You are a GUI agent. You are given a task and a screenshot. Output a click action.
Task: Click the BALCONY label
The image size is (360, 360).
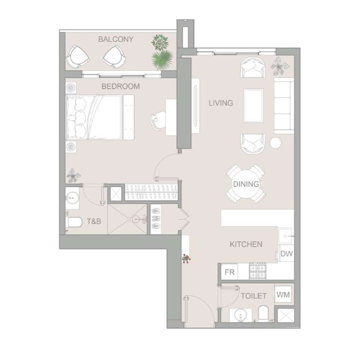pos(116,39)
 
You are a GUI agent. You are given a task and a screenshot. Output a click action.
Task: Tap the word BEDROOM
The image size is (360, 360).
pos(120,86)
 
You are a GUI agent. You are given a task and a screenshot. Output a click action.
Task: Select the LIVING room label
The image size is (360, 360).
pos(221,103)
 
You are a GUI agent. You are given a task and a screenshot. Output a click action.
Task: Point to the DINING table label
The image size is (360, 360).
pos(246,184)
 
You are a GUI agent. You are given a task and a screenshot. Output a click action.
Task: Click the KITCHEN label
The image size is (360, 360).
pos(246,244)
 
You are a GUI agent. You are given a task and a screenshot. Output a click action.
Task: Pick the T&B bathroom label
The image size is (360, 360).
pos(94,221)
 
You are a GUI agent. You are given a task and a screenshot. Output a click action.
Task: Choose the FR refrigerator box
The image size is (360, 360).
pos(229,272)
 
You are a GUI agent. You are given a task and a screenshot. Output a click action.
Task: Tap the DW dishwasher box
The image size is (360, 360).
pos(287,253)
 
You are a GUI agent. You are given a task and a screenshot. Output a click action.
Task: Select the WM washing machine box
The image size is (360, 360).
pos(283,295)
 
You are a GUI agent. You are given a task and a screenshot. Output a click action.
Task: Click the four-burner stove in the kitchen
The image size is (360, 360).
pos(258,271)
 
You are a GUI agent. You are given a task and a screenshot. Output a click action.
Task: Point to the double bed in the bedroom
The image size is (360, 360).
pos(93,117)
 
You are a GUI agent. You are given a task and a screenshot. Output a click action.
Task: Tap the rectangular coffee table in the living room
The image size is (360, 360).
pos(253,106)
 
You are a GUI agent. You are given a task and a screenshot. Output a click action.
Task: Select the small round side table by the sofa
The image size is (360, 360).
pos(275,143)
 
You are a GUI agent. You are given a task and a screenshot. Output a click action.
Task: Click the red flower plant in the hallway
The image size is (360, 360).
pos(186,258)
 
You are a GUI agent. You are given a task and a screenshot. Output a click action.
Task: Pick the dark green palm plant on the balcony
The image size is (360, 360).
pos(162,59)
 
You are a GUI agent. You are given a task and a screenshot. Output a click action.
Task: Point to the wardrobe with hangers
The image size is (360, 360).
pos(151,192)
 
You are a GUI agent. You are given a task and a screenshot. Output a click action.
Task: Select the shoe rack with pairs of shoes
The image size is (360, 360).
pos(156,219)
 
